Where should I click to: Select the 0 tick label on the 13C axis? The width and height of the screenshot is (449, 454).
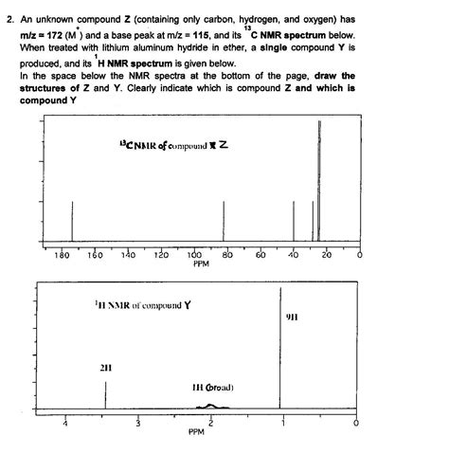358,256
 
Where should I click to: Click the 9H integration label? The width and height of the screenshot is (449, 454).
292,316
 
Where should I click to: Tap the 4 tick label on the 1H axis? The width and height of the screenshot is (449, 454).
64,424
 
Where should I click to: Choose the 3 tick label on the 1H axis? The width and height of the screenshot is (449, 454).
137,424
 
